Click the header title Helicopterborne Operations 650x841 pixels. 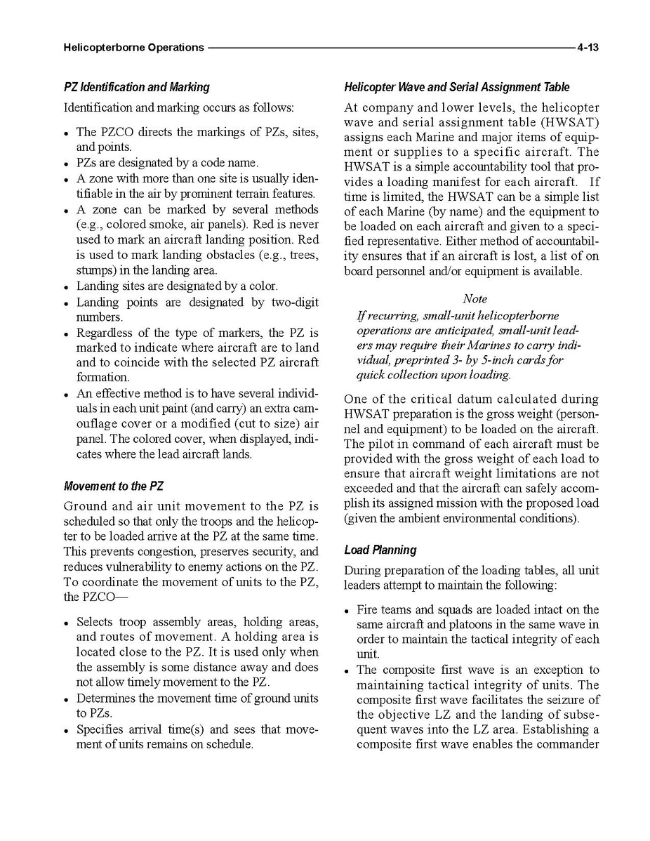(x=133, y=48)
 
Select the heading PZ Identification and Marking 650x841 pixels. (x=136, y=87)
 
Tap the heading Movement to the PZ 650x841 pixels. (x=114, y=486)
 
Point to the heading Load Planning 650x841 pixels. (x=380, y=550)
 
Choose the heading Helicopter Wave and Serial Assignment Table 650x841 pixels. (x=456, y=87)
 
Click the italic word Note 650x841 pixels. (x=475, y=299)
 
